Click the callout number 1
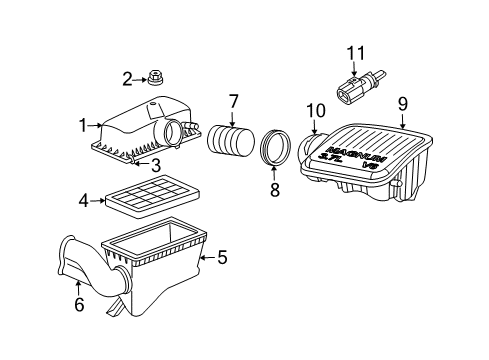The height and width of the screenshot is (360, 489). tap(84, 126)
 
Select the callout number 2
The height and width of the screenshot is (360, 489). tap(128, 79)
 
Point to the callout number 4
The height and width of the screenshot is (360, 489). tap(84, 200)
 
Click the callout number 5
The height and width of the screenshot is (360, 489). tap(222, 257)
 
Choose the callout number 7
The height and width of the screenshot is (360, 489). tap(232, 101)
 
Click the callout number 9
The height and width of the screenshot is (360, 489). tap(402, 102)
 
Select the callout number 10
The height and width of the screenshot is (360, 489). tap(316, 109)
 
